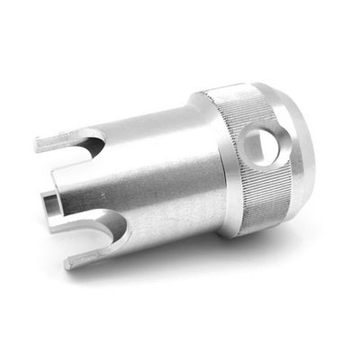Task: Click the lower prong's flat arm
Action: (85, 256)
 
